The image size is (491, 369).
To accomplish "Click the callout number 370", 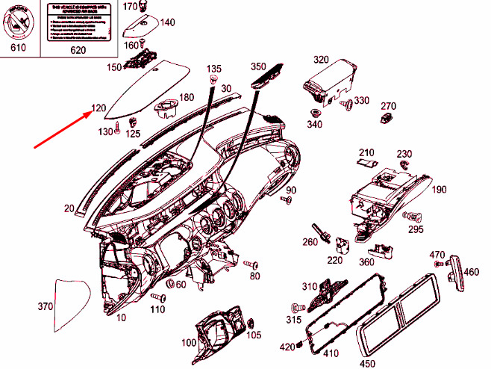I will [46, 306].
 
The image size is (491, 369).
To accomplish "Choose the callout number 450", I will [368, 364].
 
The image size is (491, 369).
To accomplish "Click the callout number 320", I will [321, 60].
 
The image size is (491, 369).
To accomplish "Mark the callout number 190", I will [438, 190].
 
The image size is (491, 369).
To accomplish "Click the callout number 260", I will [310, 242].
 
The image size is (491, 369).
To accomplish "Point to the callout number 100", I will [188, 342].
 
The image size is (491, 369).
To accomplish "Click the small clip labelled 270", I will [387, 119].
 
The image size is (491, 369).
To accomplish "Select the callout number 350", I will [258, 66].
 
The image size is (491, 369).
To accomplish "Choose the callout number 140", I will [167, 22].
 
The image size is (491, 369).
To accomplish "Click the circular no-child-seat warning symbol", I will [16, 20].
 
